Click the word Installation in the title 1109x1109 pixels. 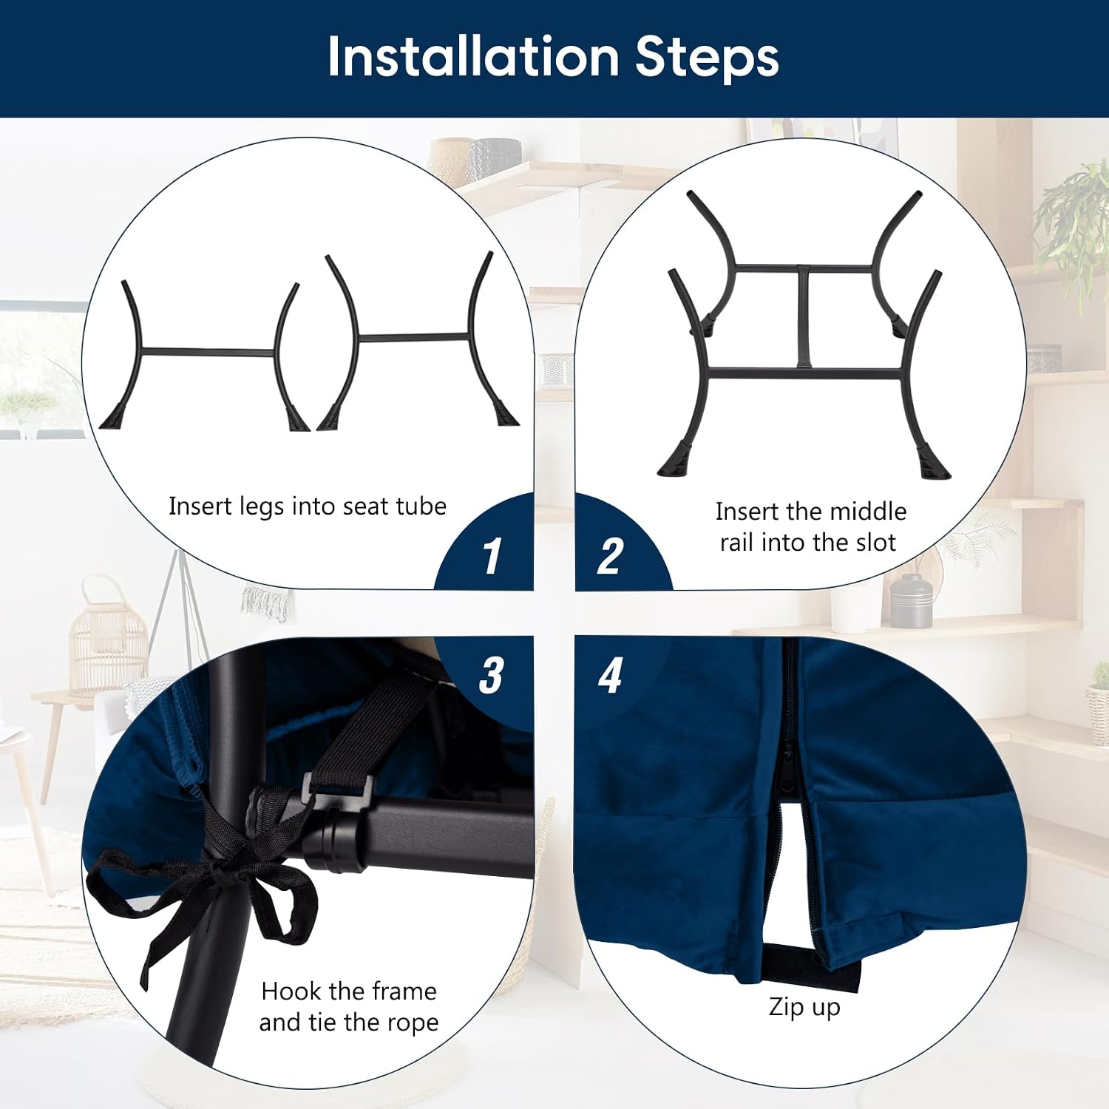coord(474,57)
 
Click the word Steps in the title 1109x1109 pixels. coord(708,57)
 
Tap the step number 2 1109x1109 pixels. coord(610,556)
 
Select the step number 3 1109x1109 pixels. coord(492,675)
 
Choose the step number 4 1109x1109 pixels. coord(610,675)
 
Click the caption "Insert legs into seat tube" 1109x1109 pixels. coord(308,506)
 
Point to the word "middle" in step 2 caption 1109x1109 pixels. coord(869,511)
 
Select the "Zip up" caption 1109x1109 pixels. coord(804,1008)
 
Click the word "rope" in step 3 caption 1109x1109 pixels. coord(409,1023)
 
